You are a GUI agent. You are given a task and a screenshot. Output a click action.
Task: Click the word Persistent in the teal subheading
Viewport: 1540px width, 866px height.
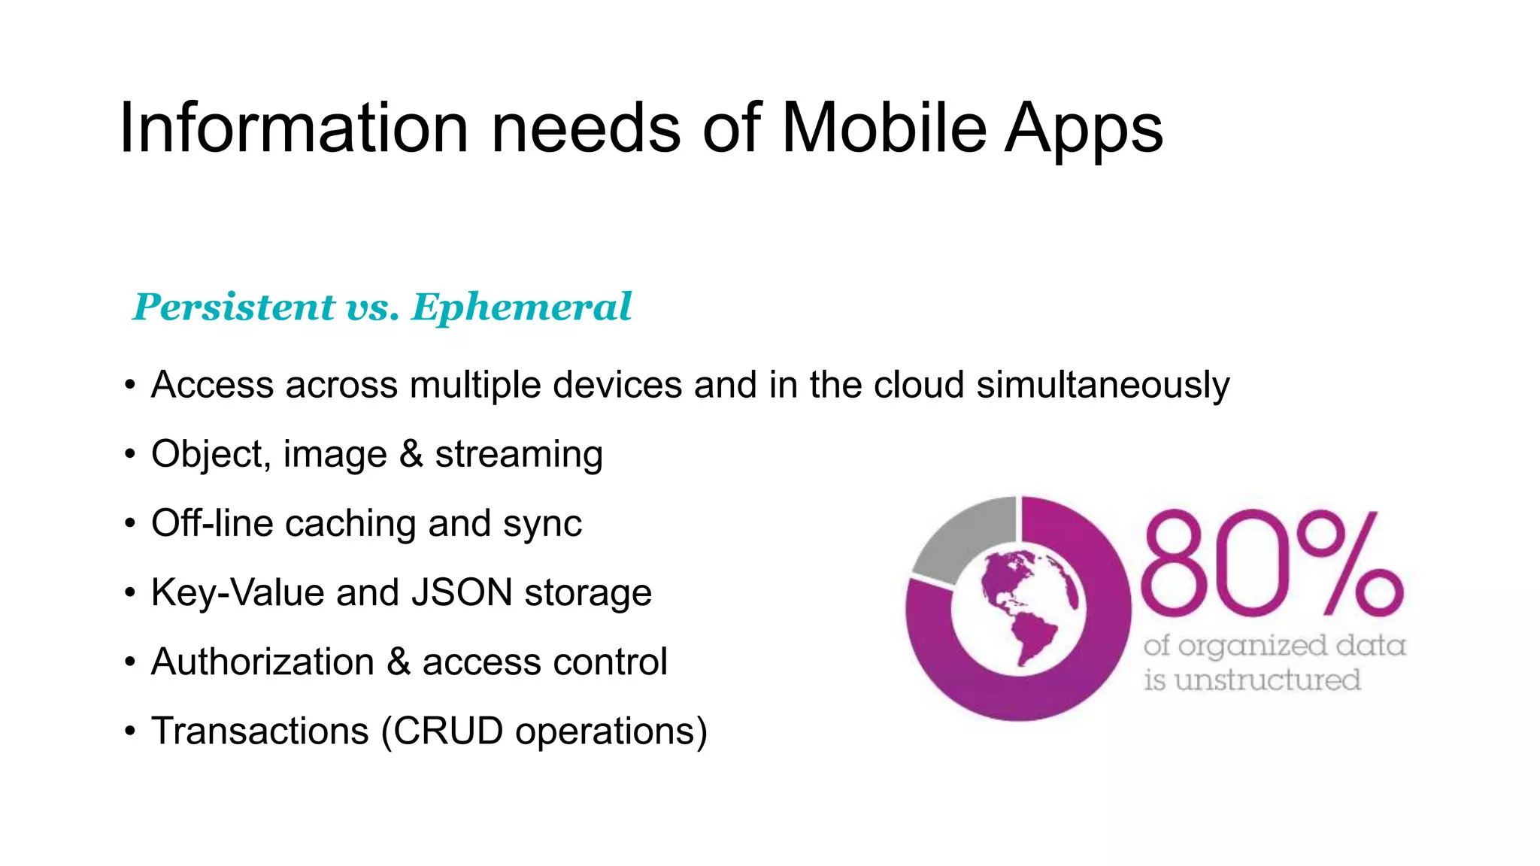(x=233, y=307)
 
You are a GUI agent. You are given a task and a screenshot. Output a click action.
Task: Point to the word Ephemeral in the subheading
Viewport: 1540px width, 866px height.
(x=522, y=307)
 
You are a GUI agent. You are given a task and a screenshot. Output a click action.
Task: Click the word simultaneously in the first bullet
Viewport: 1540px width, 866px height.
(x=1102, y=385)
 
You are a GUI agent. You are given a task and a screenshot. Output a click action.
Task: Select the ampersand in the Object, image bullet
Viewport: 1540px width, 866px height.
(x=411, y=454)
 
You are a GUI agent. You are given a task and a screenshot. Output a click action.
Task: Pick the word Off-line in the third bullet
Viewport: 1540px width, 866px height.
(x=211, y=523)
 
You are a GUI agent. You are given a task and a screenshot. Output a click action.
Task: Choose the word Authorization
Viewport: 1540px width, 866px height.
(x=262, y=662)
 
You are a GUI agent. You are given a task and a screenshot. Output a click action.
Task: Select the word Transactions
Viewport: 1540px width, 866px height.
(x=259, y=731)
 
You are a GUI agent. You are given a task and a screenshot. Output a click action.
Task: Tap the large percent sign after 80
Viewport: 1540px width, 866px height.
(x=1349, y=562)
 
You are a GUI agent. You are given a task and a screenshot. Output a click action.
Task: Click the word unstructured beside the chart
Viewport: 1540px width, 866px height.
(x=1267, y=680)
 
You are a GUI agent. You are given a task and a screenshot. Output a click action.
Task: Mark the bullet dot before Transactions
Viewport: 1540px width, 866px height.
(x=130, y=731)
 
